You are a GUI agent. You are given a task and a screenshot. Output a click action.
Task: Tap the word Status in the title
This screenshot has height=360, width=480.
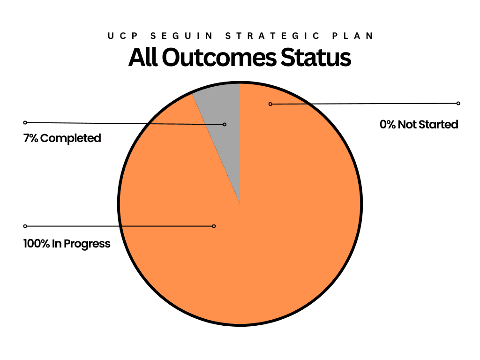pyautogui.click(x=316, y=57)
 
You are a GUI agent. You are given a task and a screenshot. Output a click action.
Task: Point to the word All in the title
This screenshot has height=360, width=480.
pyautogui.click(x=143, y=57)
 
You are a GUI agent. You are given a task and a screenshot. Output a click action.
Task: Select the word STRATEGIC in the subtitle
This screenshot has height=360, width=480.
pyautogui.click(x=272, y=36)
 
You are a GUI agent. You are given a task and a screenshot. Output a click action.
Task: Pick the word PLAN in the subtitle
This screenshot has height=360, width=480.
pyautogui.click(x=352, y=36)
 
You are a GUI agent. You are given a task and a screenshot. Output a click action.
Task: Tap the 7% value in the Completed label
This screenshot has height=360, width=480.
pyautogui.click(x=30, y=138)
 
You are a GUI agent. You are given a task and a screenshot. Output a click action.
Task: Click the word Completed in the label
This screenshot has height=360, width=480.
pyautogui.click(x=71, y=138)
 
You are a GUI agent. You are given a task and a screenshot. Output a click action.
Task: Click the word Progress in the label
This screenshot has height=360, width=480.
pyautogui.click(x=87, y=244)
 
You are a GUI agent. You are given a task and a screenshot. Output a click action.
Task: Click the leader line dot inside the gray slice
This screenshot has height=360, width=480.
pyautogui.click(x=225, y=124)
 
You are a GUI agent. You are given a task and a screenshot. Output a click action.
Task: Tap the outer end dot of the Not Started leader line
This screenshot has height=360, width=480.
pyautogui.click(x=458, y=104)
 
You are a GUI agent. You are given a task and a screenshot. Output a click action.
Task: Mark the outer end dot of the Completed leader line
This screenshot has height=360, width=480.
pyautogui.click(x=25, y=122)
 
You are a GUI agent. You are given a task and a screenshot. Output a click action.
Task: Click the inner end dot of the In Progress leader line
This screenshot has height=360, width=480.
pyautogui.click(x=214, y=226)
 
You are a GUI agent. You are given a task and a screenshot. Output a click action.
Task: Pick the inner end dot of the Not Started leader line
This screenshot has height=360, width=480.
pyautogui.click(x=270, y=104)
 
